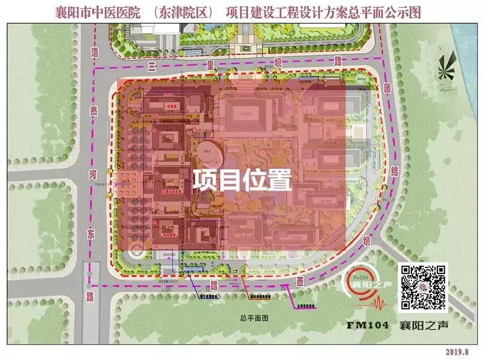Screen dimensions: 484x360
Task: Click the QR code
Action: point(423,287)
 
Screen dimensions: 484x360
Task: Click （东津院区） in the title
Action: point(182,11)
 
